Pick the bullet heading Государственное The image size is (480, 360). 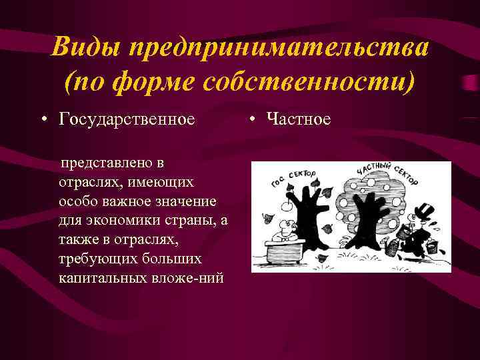pyautogui.click(x=127, y=119)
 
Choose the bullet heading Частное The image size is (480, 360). pyautogui.click(x=298, y=119)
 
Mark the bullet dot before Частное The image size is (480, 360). pyautogui.click(x=254, y=120)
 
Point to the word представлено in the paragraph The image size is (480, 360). pyautogui.click(x=104, y=163)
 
